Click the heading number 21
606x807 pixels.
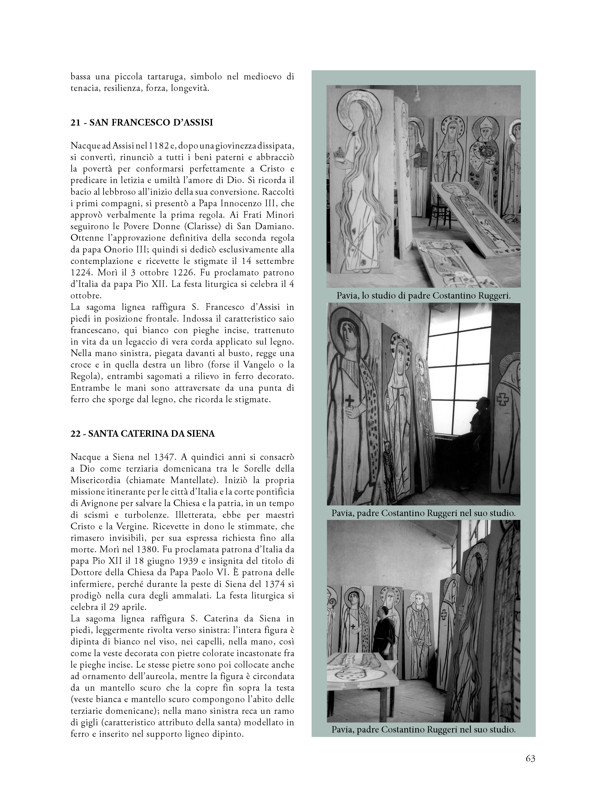75,123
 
